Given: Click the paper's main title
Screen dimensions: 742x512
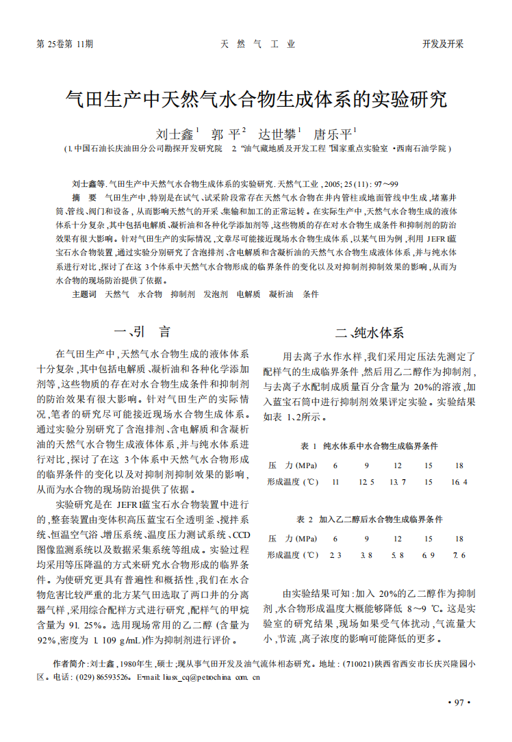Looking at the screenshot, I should tap(256, 100).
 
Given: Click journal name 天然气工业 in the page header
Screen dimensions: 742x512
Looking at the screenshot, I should tap(257, 44).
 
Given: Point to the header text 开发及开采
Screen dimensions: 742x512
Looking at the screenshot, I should tap(443, 44).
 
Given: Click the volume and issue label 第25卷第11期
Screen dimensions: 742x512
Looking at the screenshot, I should tap(64, 44).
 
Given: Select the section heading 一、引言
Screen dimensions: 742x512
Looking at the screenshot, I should tap(142, 333).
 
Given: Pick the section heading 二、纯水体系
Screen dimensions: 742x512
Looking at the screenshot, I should tap(370, 333).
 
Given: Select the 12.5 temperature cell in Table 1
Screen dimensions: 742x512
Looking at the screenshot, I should tap(366, 482).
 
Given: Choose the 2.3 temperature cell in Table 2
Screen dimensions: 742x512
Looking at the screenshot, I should tap(335, 554).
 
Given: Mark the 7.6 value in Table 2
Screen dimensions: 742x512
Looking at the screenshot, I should tap(459, 554).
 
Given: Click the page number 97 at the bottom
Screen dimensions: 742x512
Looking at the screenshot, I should tap(455, 702).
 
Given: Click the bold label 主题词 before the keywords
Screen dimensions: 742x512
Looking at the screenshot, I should tap(84, 294).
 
